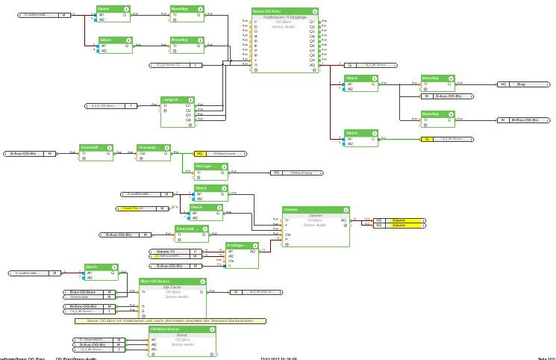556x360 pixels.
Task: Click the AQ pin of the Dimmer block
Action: [343, 220]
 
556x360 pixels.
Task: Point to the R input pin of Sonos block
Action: [255, 65]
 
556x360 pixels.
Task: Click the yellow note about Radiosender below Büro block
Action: [172, 320]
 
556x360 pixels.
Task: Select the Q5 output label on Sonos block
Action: [313, 45]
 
